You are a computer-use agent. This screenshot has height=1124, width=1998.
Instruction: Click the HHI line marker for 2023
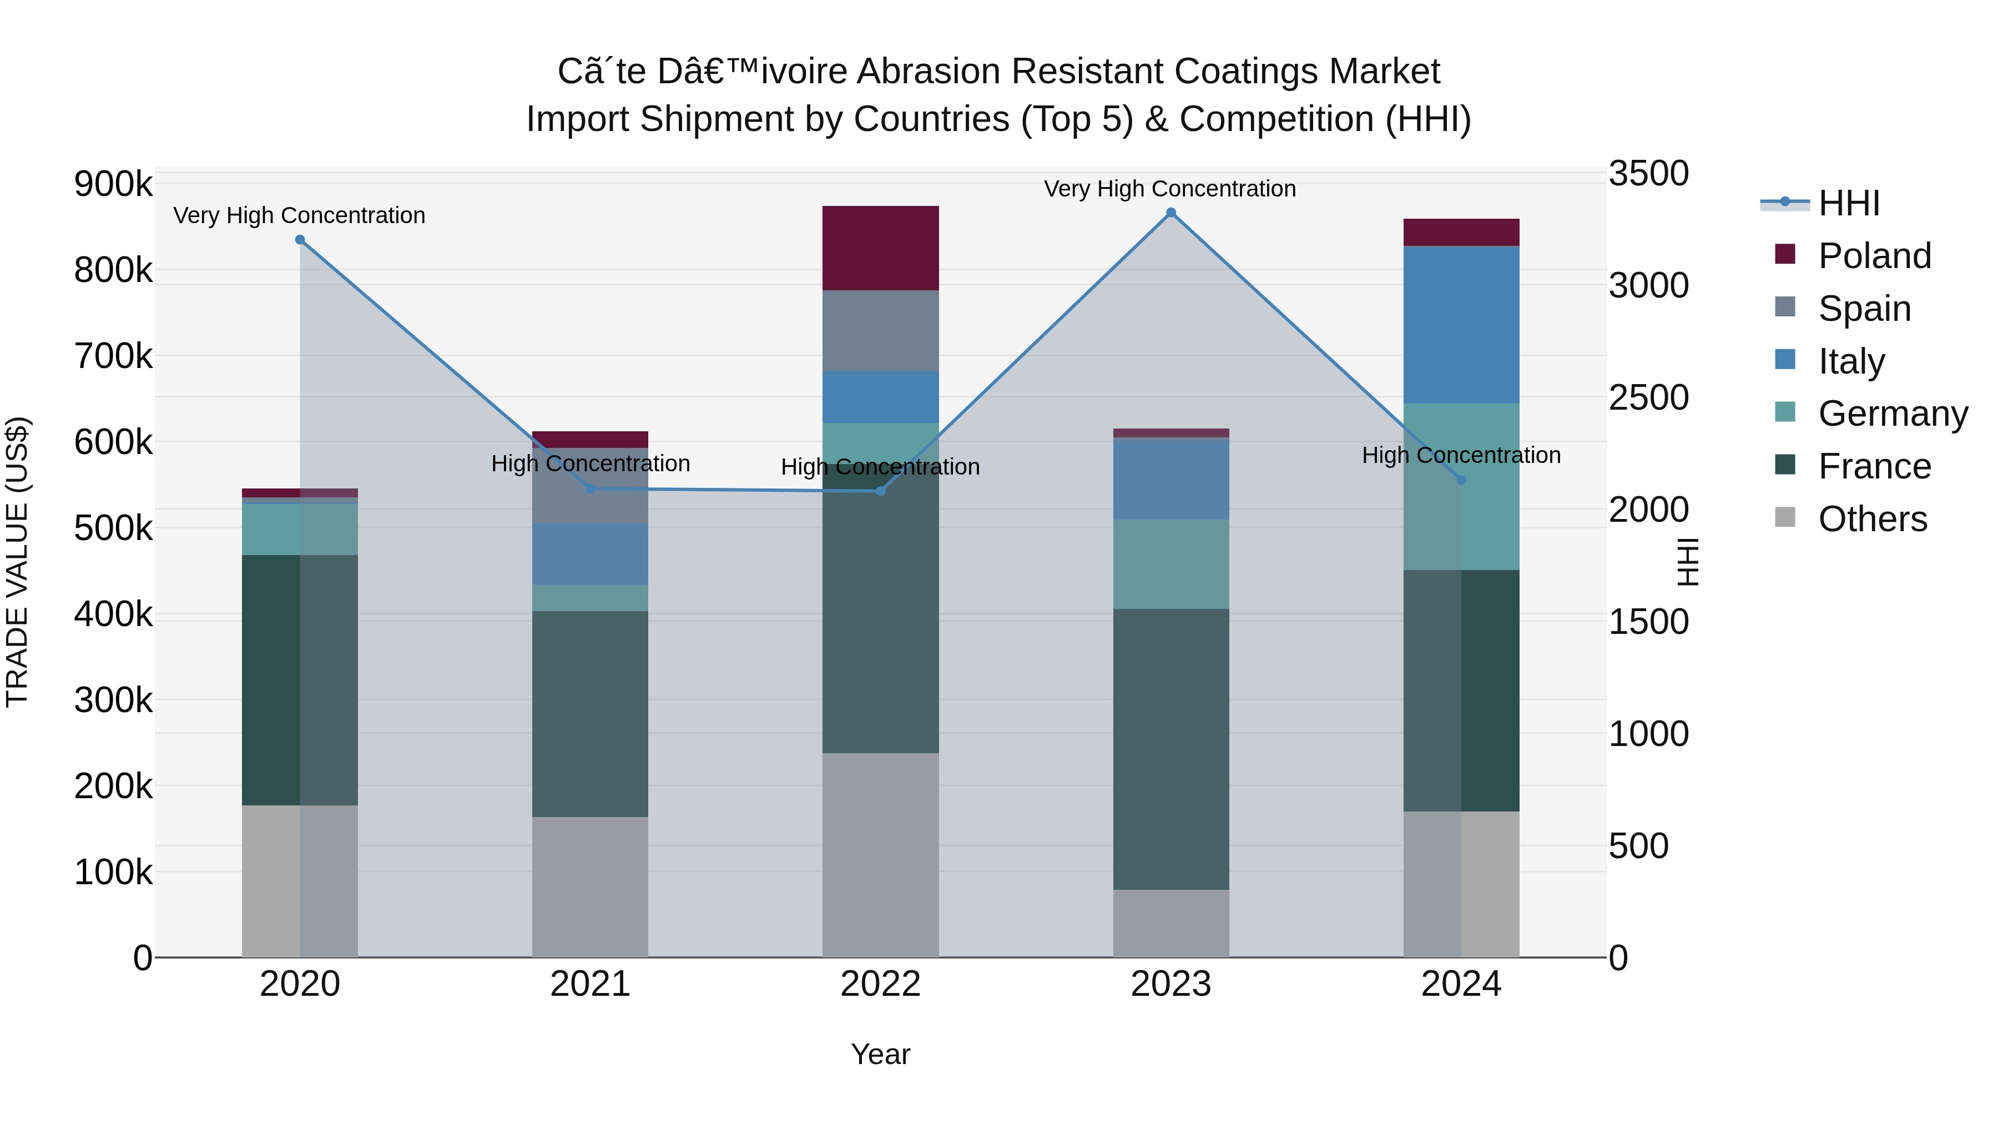click(x=1170, y=213)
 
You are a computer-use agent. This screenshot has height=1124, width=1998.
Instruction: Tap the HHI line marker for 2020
click(x=300, y=240)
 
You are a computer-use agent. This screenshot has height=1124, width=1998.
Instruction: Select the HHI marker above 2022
click(x=880, y=491)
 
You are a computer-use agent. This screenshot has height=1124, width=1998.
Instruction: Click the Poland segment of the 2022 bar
click(x=880, y=248)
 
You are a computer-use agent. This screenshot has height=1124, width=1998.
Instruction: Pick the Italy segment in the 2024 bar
click(x=1461, y=324)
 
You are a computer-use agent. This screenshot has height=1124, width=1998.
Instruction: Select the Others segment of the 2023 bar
click(x=1170, y=923)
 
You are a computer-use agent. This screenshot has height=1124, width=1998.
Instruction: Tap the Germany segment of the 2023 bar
click(x=1170, y=564)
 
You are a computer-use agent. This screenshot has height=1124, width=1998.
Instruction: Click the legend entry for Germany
click(x=1893, y=414)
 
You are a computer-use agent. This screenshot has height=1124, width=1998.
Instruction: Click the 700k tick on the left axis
click(x=113, y=357)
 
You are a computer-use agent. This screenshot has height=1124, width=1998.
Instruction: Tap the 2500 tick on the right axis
click(x=1648, y=398)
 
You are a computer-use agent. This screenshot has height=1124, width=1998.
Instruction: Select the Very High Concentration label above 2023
click(x=1169, y=189)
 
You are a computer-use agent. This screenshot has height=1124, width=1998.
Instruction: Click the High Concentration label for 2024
click(x=1461, y=455)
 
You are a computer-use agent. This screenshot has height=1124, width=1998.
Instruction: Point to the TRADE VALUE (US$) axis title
click(x=17, y=562)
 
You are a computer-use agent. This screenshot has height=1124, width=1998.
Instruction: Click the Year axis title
click(x=880, y=1054)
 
